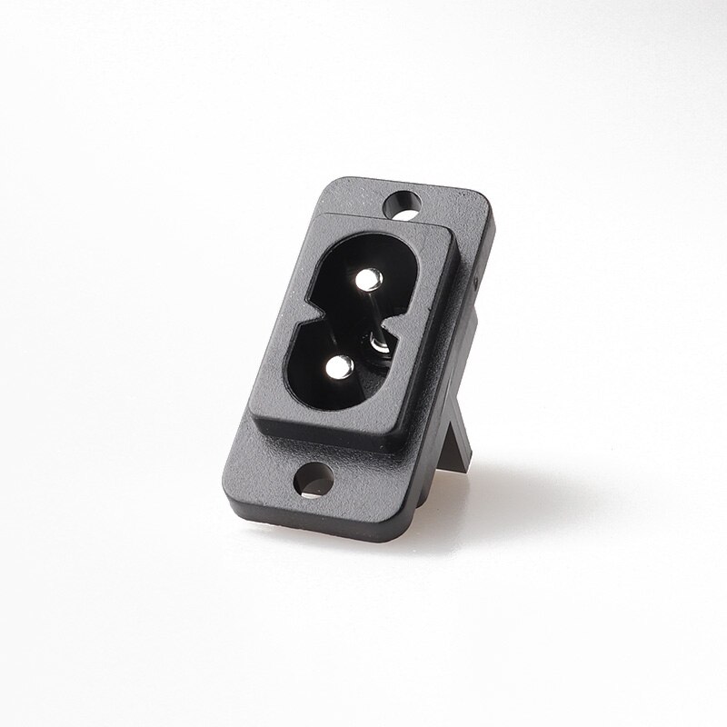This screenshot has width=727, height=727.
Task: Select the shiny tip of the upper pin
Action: [369, 281]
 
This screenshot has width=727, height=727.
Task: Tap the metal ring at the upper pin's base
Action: [379, 344]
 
